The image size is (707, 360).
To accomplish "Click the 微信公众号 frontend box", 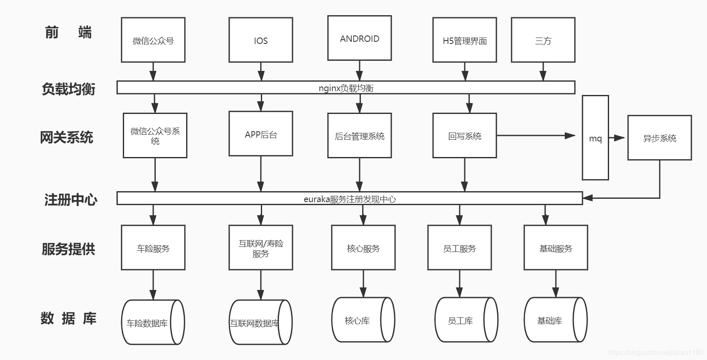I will (x=153, y=40).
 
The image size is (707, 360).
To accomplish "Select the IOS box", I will (x=260, y=40).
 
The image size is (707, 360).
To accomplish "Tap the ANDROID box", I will (x=360, y=38).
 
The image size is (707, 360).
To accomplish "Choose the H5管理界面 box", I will (x=464, y=40).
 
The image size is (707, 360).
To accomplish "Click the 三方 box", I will (x=543, y=40).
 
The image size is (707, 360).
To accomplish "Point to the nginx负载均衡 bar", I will (x=346, y=87).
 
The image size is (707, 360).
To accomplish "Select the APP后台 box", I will (x=260, y=134).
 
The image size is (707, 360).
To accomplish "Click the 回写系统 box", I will (x=464, y=135).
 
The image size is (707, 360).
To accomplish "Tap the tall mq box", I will (x=595, y=138).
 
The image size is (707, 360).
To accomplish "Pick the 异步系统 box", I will (x=659, y=138).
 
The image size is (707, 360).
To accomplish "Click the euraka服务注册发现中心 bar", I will (x=349, y=198).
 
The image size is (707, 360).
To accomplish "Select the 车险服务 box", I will (x=153, y=248).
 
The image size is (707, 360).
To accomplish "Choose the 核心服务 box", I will (x=363, y=248).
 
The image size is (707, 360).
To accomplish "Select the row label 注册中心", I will (x=70, y=199).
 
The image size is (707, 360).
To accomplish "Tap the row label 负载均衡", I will (x=68, y=89).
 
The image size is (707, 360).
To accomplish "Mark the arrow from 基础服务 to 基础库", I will (x=555, y=284).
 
